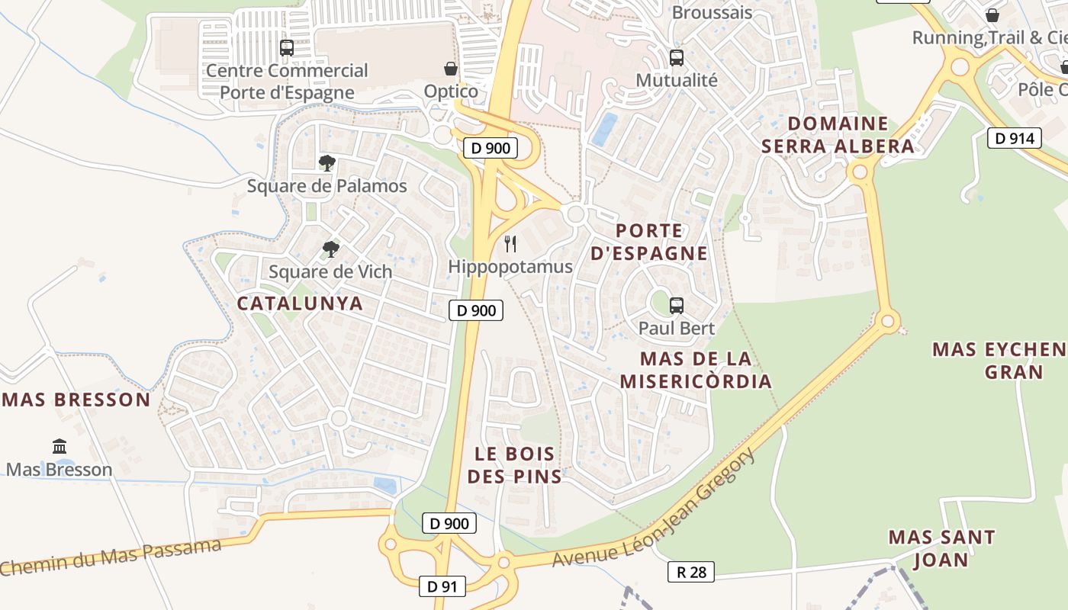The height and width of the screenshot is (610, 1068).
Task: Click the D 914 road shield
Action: click(x=1015, y=138)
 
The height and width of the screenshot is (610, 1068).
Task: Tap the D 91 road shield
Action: click(x=442, y=586)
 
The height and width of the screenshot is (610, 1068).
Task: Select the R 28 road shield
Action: click(x=691, y=572)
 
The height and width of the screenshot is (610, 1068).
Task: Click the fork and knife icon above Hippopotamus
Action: click(x=510, y=244)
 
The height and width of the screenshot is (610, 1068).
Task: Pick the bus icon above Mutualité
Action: click(x=676, y=58)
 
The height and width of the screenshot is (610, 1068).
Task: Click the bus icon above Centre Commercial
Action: click(x=287, y=48)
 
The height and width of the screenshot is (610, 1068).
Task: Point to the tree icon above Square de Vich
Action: click(x=330, y=249)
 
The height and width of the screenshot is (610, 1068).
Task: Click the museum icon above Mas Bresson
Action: click(x=60, y=447)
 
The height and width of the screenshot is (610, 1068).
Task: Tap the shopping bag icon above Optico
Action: click(x=451, y=69)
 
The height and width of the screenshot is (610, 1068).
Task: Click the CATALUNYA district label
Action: click(x=300, y=303)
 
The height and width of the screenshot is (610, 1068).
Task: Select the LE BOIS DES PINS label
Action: click(x=514, y=465)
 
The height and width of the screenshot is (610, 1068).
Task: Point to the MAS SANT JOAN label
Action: click(x=941, y=548)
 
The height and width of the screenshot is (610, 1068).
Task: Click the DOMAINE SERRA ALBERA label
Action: click(x=838, y=135)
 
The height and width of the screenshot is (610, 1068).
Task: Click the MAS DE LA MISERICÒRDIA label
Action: click(x=696, y=370)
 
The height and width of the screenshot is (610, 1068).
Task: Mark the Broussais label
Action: click(x=712, y=13)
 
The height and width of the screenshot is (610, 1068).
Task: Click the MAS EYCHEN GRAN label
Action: click(x=1000, y=361)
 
